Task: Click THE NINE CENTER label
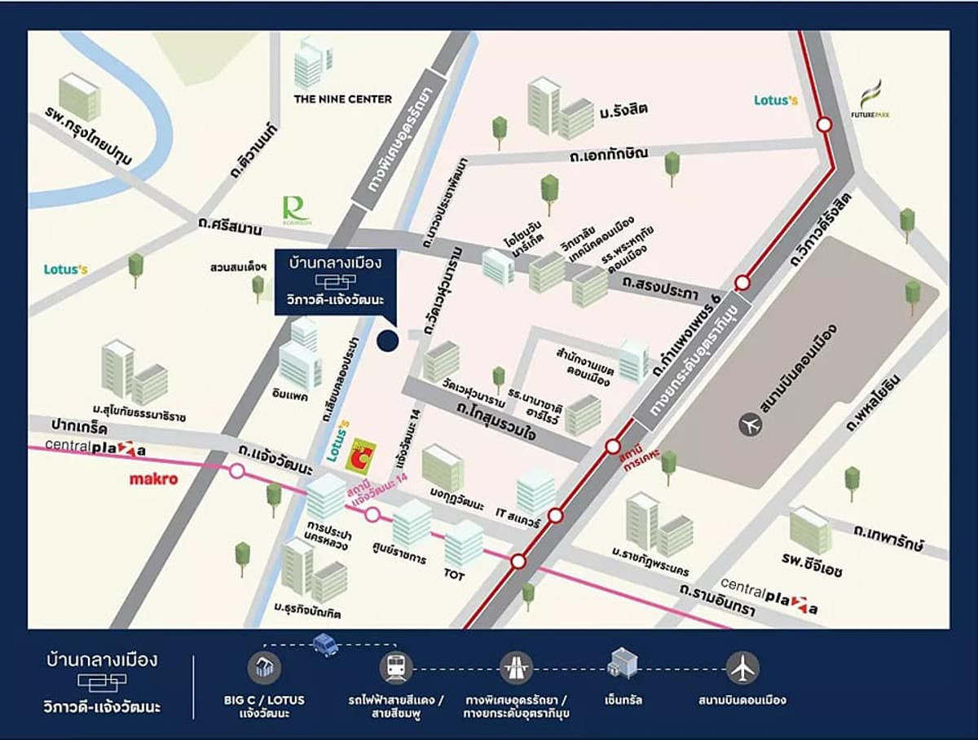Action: (342, 99)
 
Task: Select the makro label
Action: (153, 479)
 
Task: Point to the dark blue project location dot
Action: (388, 341)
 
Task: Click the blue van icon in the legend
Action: (325, 645)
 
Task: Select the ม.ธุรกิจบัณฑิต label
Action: (307, 609)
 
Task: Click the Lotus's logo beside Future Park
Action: (775, 100)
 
